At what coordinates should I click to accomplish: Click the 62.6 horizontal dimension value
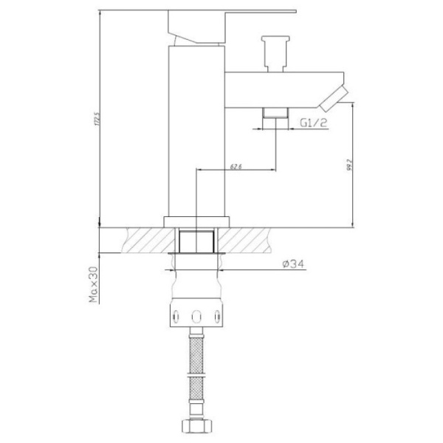[236, 165]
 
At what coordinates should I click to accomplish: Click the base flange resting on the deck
[196, 221]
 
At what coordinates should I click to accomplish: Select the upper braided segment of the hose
[196, 351]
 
